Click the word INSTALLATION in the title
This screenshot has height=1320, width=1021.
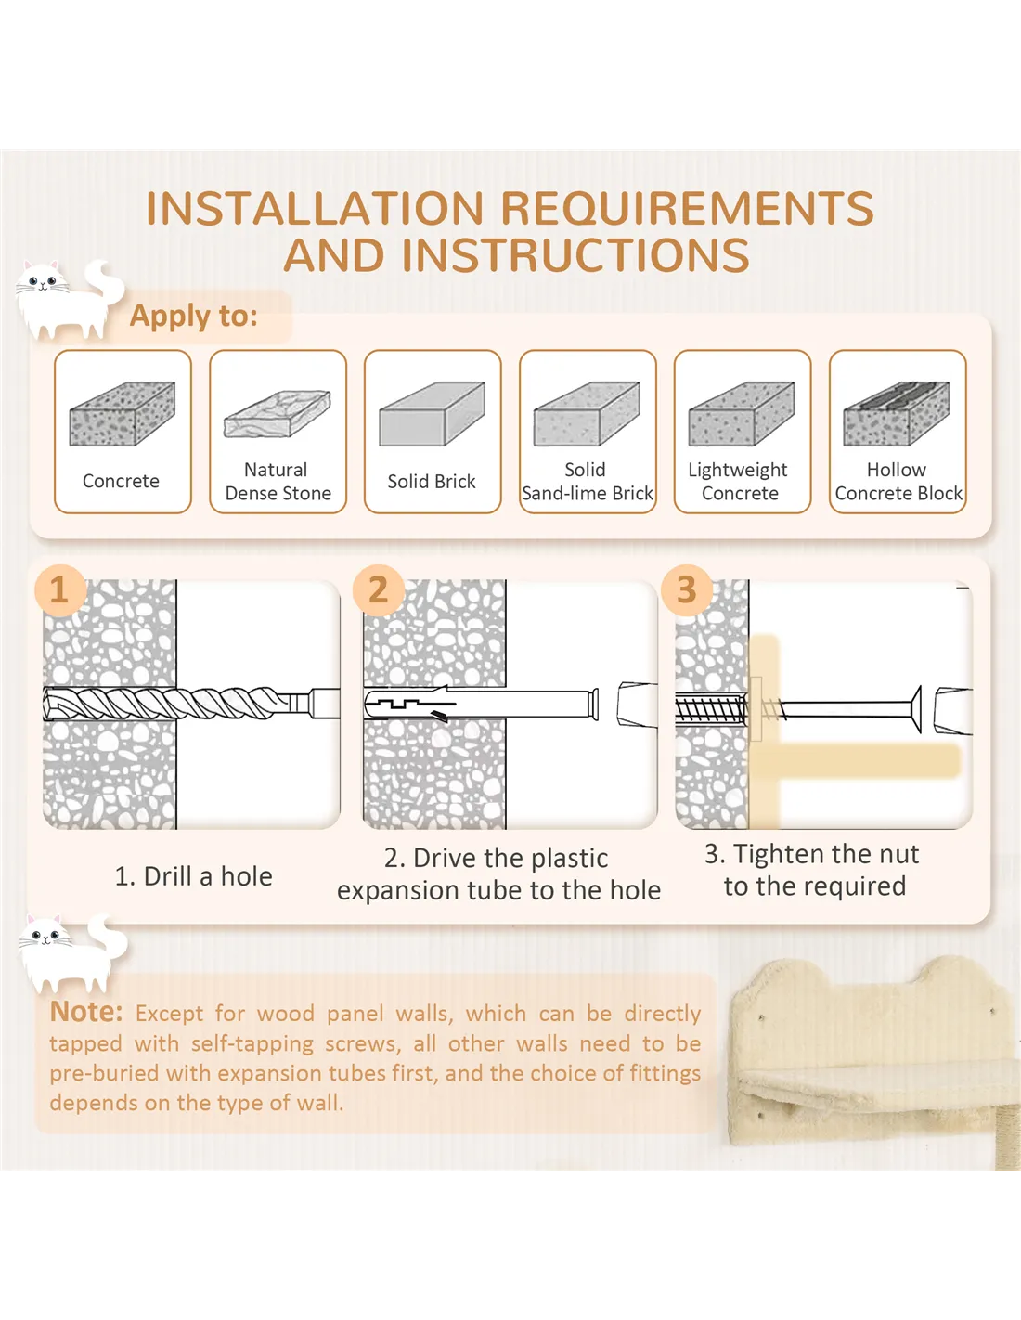(316, 208)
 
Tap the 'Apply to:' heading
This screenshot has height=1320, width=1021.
(194, 316)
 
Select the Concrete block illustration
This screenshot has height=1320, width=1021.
(123, 414)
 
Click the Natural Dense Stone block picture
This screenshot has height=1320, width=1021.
(277, 414)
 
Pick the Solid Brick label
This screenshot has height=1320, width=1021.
(432, 482)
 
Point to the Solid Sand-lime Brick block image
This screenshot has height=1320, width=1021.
(587, 414)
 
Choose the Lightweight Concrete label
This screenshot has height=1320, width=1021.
(739, 482)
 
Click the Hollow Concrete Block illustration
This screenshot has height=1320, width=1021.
(897, 414)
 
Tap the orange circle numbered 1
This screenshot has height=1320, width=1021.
(60, 590)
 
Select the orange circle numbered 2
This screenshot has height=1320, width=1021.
(379, 590)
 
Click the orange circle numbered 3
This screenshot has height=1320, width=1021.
(687, 590)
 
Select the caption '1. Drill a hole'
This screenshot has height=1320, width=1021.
(194, 876)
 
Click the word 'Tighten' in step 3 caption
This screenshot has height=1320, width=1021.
(774, 855)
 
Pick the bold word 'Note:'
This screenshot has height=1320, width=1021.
(86, 1012)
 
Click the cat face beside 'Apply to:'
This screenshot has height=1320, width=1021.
(41, 280)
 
